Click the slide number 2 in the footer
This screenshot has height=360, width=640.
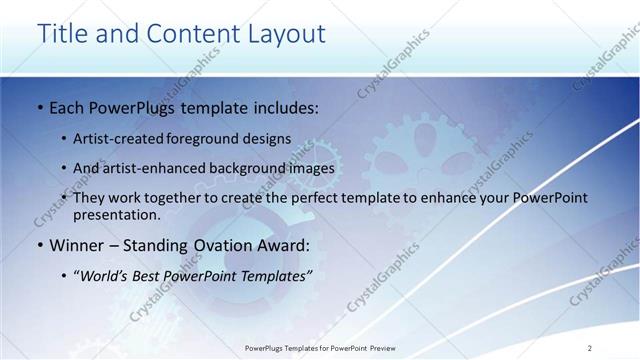590,347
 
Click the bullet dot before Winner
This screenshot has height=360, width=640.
39,245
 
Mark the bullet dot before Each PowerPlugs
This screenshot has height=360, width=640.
39,106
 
